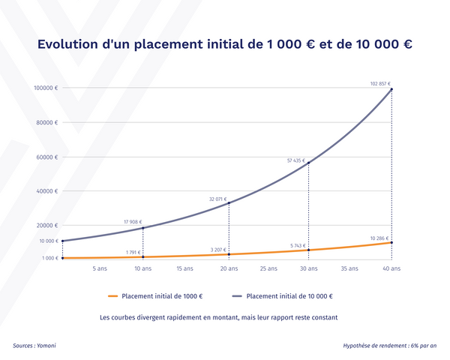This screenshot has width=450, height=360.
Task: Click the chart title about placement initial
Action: (224, 44)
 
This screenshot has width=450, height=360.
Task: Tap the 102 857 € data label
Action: (380, 84)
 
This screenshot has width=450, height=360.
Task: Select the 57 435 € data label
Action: (297, 160)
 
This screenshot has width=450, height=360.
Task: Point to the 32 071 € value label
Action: (217, 199)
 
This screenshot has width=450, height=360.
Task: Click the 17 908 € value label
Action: (133, 222)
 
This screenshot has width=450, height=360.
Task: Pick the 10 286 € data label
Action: (380, 238)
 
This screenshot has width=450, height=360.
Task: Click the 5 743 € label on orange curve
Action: (299, 245)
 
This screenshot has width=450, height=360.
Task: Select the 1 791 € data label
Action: (134, 252)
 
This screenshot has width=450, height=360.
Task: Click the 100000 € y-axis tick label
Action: (45, 88)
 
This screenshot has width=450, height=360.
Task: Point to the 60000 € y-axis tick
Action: (46, 157)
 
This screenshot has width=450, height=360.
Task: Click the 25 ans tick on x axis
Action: (268, 268)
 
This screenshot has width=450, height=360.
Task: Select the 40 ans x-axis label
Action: (391, 268)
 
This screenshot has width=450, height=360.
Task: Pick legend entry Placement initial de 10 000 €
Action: (289, 295)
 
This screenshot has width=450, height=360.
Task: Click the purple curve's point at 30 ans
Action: (308, 163)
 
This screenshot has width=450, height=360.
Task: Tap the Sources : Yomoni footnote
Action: (34, 346)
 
